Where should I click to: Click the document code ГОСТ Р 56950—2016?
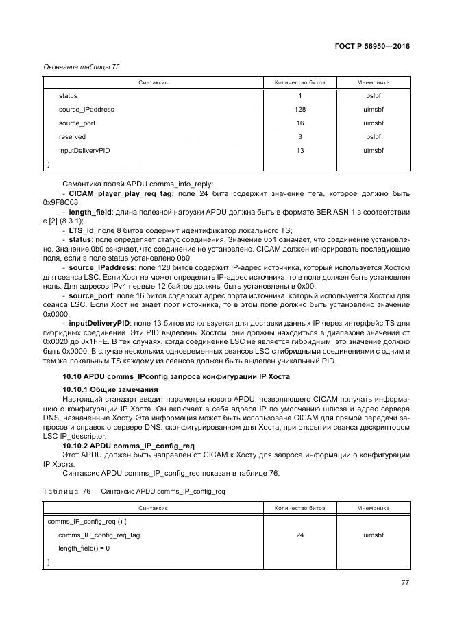pyautogui.click(x=371, y=47)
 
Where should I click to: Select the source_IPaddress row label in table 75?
pyautogui.click(x=86, y=110)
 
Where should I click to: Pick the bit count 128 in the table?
pyautogui.click(x=299, y=110)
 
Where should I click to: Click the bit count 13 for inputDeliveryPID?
pyautogui.click(x=299, y=151)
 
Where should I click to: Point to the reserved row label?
pyautogui.click(x=72, y=137)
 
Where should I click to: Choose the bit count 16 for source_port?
pyautogui.click(x=299, y=123)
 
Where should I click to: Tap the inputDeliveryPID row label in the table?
pyautogui.click(x=84, y=151)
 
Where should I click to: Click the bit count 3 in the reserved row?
pyautogui.click(x=299, y=137)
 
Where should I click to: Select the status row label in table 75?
pyautogui.click(x=68, y=96)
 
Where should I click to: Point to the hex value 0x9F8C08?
pyautogui.click(x=61, y=204)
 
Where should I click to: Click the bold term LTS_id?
pyautogui.click(x=81, y=230)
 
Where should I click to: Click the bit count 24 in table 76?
pyautogui.click(x=299, y=535)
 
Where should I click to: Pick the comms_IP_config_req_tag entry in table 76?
pyautogui.click(x=99, y=535)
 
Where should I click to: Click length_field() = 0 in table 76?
pyautogui.click(x=84, y=548)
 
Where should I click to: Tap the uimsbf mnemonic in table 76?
pyautogui.click(x=374, y=535)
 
